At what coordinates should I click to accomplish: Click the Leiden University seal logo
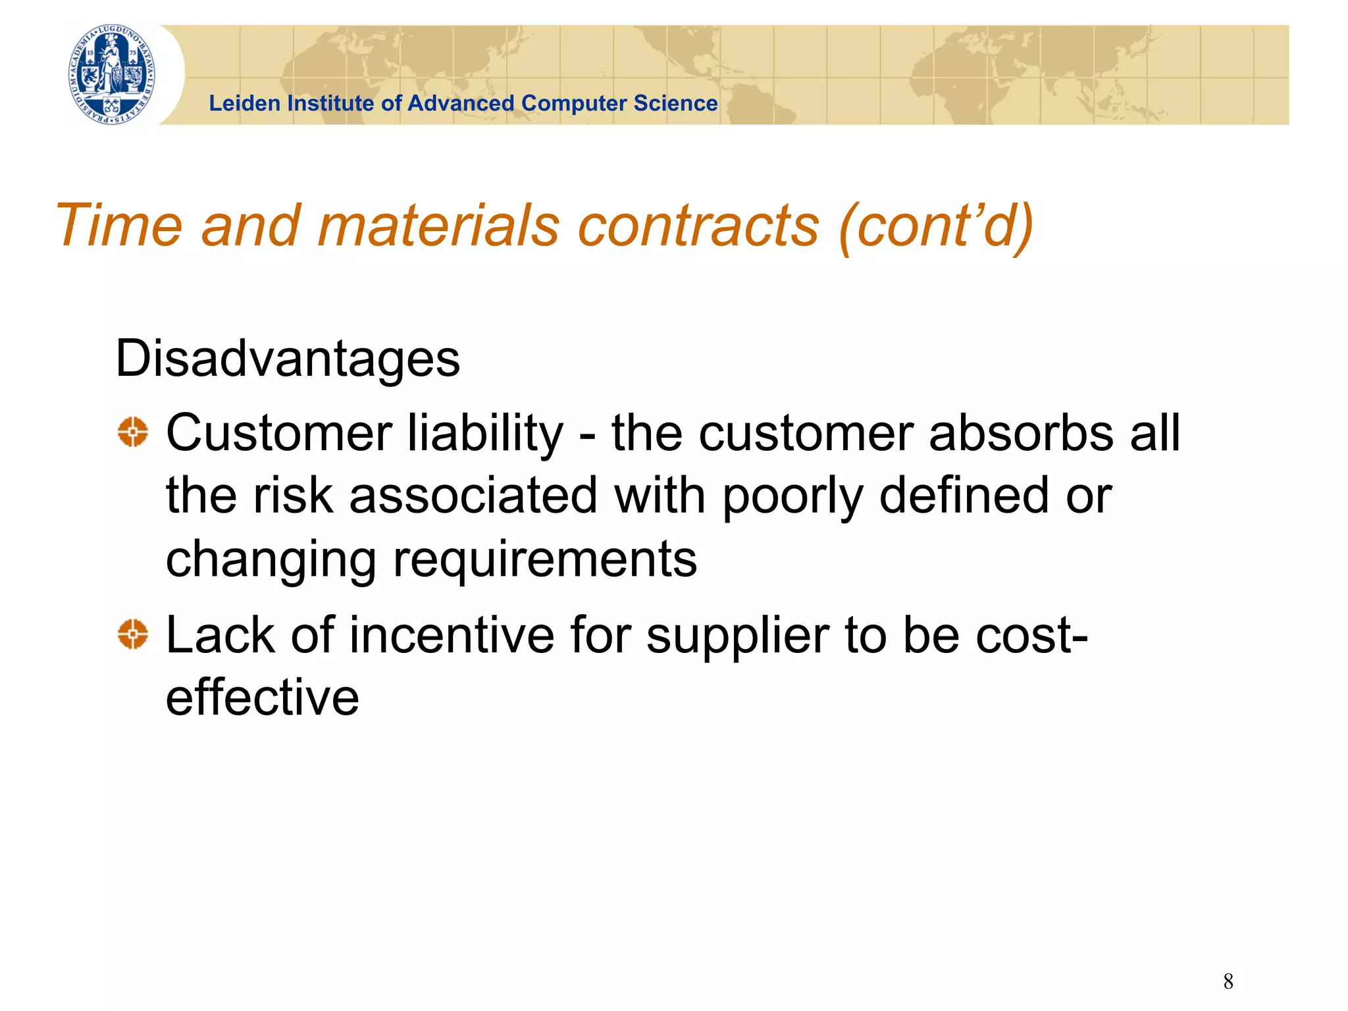[x=113, y=74]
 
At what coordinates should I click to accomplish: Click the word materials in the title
[x=438, y=226]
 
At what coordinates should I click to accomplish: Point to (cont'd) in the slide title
[x=935, y=226]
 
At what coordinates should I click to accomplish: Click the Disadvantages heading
[x=288, y=359]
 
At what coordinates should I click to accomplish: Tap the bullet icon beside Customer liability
[x=133, y=432]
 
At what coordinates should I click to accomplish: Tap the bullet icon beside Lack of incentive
[x=133, y=635]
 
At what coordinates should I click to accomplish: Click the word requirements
[x=545, y=559]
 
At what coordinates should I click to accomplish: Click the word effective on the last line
[x=262, y=697]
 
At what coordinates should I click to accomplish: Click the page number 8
[x=1228, y=981]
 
